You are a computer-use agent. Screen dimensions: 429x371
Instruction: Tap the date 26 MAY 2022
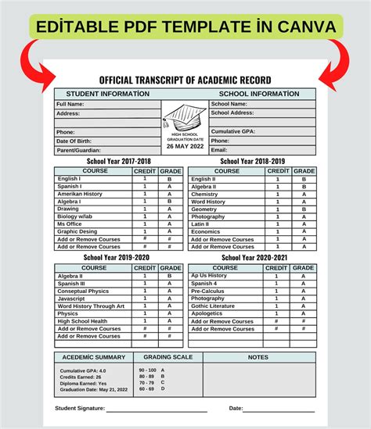pos(185,146)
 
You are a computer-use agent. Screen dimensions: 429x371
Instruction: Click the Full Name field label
pos(70,104)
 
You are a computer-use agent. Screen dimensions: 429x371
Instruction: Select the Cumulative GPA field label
pos(233,131)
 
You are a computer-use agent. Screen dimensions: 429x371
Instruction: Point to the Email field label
pos(219,150)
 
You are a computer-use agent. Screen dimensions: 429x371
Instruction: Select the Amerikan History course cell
pos(80,194)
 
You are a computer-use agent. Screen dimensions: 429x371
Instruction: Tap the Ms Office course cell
pos(70,224)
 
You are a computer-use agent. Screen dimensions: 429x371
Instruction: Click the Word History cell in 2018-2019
pos(208,202)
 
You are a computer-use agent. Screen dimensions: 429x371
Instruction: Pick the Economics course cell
pos(206,231)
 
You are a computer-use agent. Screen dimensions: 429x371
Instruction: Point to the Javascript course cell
pos(72,298)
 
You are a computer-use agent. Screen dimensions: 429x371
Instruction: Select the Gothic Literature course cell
pos(213,306)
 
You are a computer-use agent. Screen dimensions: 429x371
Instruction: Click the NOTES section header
pos(258,356)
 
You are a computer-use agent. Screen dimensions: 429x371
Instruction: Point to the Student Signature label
pos(79,409)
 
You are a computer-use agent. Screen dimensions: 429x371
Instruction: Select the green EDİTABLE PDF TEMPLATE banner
pos(185,27)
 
